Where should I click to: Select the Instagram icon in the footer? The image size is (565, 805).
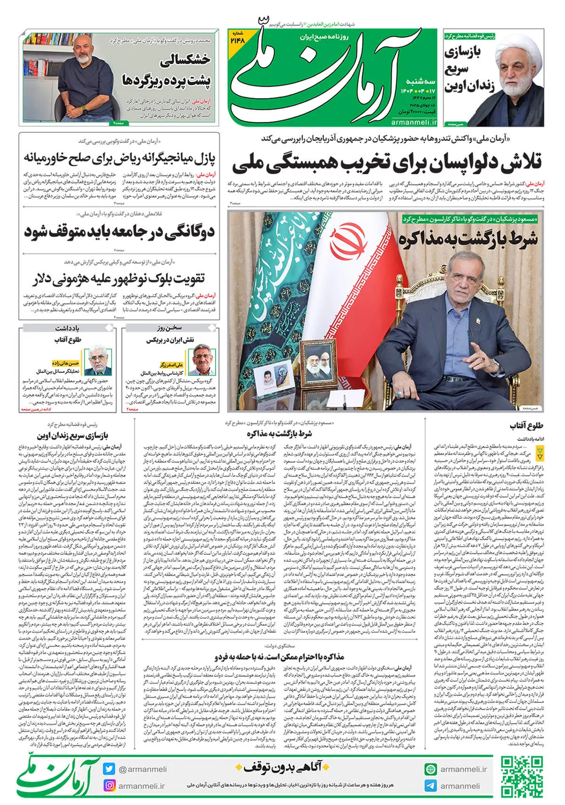[x=109, y=786]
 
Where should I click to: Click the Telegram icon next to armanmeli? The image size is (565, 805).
[x=430, y=786]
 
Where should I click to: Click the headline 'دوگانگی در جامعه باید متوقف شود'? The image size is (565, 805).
[x=119, y=232]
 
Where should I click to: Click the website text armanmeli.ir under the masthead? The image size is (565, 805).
[x=414, y=122]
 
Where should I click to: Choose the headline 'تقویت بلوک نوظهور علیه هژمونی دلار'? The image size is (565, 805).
[x=119, y=279]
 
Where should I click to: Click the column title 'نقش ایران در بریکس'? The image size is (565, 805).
[x=170, y=340]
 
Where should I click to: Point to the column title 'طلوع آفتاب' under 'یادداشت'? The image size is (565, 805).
[x=68, y=340]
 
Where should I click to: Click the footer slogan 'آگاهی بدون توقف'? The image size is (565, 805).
[x=282, y=768]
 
